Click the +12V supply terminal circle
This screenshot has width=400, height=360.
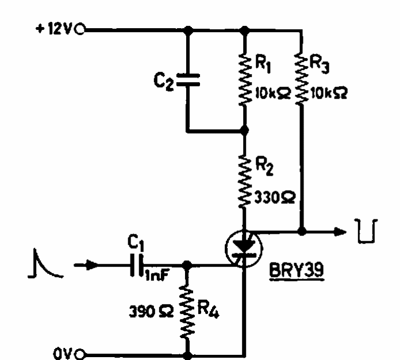80,29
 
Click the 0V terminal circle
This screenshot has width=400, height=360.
80,354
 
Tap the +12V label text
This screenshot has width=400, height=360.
55,29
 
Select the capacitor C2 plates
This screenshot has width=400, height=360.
189,80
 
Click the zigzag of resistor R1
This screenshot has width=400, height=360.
245,79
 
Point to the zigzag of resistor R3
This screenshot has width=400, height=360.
302,79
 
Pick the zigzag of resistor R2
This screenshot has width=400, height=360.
245,181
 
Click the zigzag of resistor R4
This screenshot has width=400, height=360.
188,312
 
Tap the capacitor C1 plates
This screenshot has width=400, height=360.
136,265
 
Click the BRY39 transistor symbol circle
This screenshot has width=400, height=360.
244,249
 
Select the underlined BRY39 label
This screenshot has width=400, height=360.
297,271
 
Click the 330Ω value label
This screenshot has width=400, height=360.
275,198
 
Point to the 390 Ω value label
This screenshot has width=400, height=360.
151,311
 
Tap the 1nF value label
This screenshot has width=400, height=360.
157,276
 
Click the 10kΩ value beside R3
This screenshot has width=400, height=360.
329,93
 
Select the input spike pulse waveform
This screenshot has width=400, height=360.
45,264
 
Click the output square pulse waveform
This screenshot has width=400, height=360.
366,231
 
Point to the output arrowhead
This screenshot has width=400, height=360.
340,231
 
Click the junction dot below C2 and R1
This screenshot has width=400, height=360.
244,130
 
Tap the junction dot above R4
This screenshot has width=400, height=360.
187,265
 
